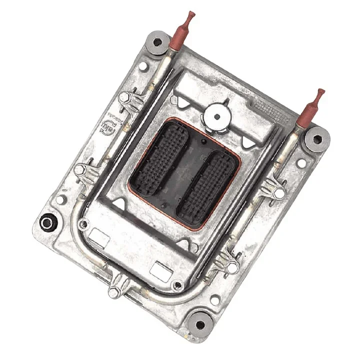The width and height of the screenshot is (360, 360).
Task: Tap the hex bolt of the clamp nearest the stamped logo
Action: [x=125, y=97]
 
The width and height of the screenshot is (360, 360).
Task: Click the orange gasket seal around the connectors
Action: [x=131, y=189]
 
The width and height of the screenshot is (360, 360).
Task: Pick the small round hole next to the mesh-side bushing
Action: [x=301, y=163]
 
